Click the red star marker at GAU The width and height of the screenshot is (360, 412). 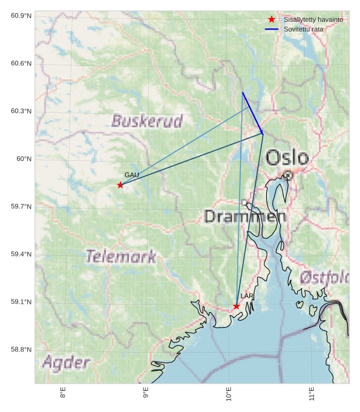point(120,185)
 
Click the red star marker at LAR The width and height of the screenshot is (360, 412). point(236,306)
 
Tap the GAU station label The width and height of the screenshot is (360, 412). point(131,175)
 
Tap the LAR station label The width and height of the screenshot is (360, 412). point(247,296)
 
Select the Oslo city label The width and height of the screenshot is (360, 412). point(287,158)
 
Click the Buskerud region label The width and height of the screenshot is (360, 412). point(147,121)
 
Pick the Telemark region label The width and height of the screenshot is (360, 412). point(120,257)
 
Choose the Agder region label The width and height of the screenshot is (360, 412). point(66,363)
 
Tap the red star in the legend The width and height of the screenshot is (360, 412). point(272,20)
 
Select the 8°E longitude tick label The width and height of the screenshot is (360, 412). point(63,393)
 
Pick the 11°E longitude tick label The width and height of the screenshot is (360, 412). point(312,393)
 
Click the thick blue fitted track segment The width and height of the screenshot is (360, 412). point(252,113)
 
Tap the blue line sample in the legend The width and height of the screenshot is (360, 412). point(272,29)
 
